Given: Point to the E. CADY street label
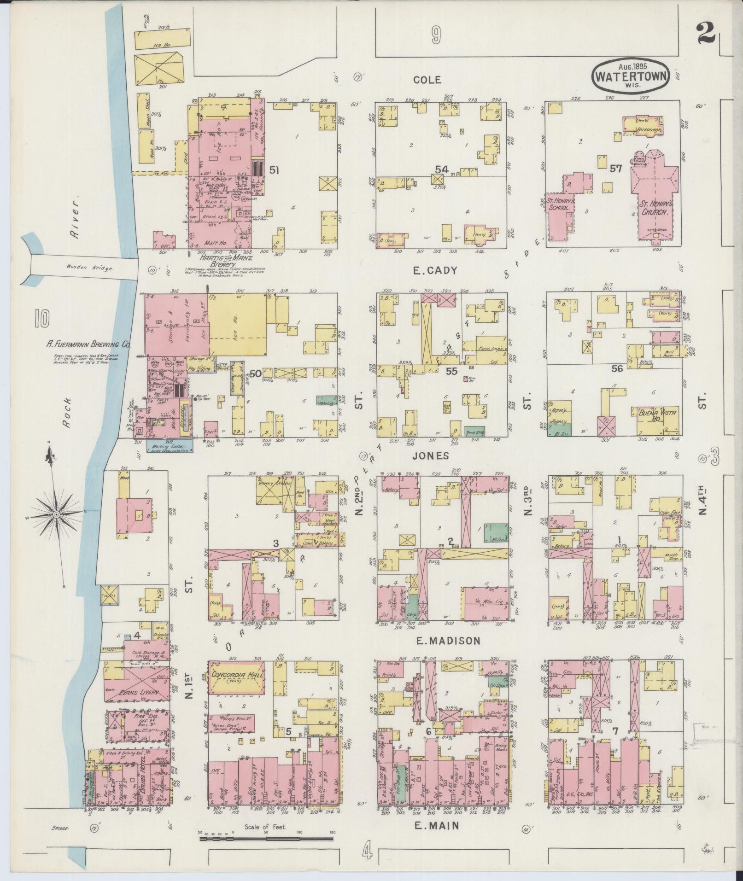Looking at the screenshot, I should click(435, 271).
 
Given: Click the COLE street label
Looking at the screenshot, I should click(427, 80).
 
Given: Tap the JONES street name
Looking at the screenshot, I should click(430, 456).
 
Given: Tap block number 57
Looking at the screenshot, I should click(615, 169).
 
